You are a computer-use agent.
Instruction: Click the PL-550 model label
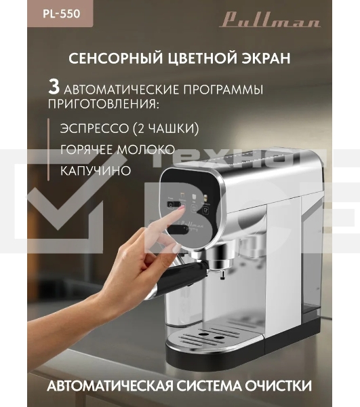pyautogui.click(x=26, y=12)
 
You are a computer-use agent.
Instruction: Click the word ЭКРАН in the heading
pyautogui.click(x=264, y=59)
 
